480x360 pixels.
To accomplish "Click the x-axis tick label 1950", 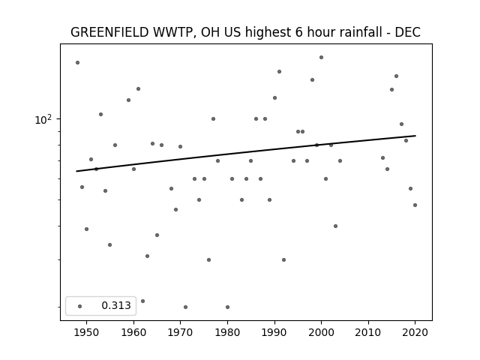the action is click(x=87, y=332).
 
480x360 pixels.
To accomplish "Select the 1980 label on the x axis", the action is click(x=227, y=332).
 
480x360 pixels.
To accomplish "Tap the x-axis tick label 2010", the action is click(x=368, y=332).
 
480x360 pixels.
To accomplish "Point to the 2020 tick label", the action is click(x=415, y=332).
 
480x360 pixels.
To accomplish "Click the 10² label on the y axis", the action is click(x=43, y=120).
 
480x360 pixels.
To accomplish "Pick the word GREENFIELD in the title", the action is click(x=109, y=32).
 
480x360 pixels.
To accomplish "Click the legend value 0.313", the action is click(x=116, y=305).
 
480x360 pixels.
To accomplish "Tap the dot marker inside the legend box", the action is click(x=80, y=306).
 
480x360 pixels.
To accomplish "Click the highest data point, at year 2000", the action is click(x=321, y=57).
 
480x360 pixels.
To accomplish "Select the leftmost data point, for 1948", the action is click(x=77, y=62).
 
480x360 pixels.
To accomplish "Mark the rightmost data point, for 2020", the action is click(x=415, y=205).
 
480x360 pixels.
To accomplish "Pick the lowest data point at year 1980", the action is click(x=227, y=307).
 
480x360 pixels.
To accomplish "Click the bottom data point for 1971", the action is click(x=185, y=307).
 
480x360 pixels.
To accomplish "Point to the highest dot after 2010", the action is click(x=396, y=76).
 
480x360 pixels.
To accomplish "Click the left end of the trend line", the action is click(x=76, y=171).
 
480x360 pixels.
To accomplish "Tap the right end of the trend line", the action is click(x=415, y=136).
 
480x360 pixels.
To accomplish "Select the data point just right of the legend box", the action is click(x=142, y=301).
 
